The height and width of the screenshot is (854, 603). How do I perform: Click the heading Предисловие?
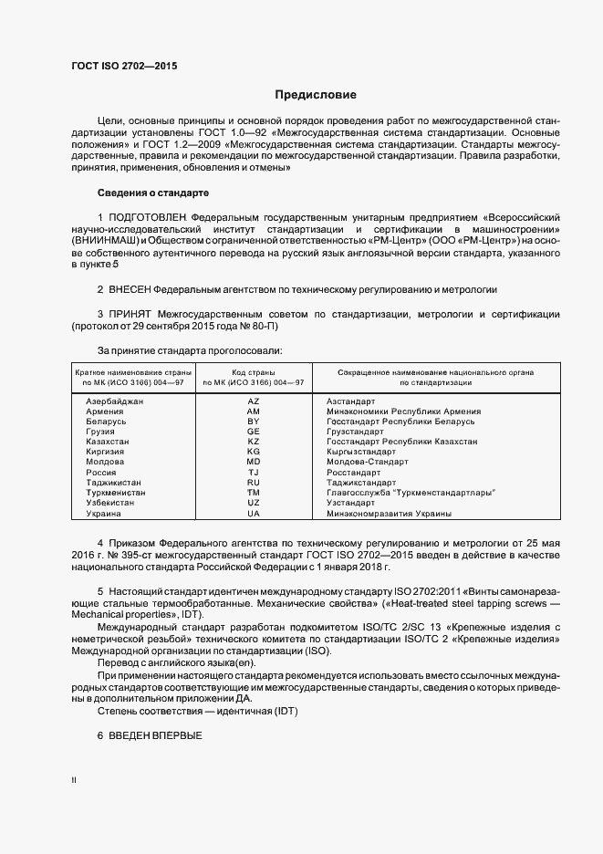[x=316, y=95]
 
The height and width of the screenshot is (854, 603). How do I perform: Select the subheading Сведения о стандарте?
[x=153, y=193]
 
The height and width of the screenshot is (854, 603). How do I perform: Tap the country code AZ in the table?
[x=254, y=401]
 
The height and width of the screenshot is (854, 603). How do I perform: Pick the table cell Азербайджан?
[x=114, y=401]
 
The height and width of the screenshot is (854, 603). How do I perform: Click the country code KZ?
[x=254, y=441]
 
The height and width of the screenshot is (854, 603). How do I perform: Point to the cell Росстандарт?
[x=353, y=473]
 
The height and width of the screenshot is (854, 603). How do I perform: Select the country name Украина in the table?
[x=103, y=513]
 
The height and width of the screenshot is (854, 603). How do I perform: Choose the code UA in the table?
[x=254, y=513]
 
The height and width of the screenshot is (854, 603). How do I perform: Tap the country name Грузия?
[x=101, y=432]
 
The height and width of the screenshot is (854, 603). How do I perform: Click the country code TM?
[x=254, y=493]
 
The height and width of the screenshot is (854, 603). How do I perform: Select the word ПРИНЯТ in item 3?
[x=131, y=314]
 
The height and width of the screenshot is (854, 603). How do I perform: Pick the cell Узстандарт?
[x=350, y=503]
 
